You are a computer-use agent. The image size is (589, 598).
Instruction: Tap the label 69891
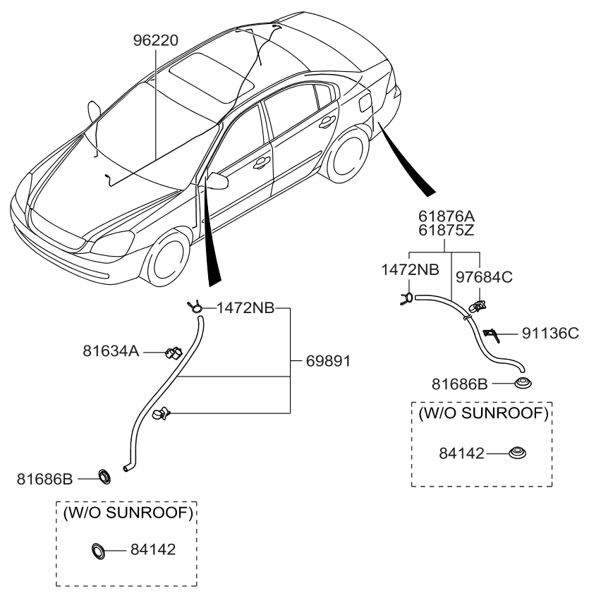(328, 361)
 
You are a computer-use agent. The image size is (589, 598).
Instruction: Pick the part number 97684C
(483, 277)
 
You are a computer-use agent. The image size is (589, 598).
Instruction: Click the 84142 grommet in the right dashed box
(517, 453)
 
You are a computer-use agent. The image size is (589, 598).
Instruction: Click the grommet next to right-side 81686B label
(522, 383)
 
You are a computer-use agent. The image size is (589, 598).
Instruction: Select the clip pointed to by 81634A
(172, 350)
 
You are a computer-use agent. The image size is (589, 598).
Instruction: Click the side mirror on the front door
(217, 181)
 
